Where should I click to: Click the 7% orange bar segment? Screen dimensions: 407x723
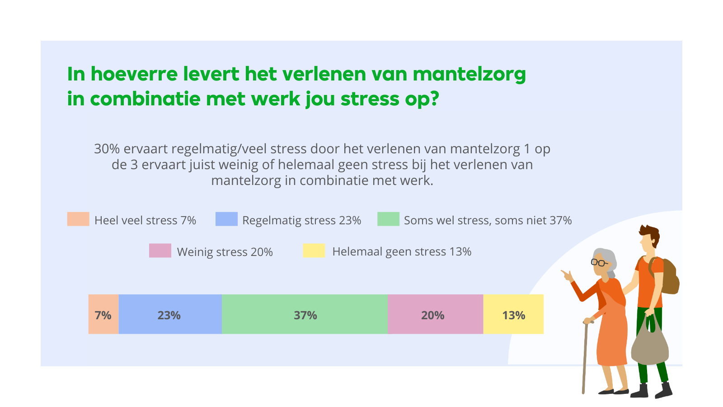[103, 314]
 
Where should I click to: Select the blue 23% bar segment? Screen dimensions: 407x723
[170, 314]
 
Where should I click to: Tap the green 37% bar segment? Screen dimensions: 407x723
[305, 314]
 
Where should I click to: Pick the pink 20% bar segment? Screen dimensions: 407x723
[435, 314]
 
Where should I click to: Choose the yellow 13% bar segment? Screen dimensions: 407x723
[513, 314]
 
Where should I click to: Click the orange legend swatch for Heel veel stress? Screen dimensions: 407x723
[78, 219]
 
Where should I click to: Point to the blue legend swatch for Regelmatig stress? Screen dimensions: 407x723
[226, 219]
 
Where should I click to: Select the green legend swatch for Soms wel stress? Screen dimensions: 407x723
[388, 219]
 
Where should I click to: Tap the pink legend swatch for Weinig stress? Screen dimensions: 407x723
[160, 251]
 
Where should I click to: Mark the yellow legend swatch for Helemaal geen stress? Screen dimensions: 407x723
[314, 251]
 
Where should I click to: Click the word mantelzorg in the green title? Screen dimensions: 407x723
[469, 74]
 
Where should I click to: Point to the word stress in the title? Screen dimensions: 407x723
[370, 99]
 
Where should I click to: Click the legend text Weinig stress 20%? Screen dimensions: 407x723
[225, 252]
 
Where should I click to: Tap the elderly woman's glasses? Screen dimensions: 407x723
[599, 262]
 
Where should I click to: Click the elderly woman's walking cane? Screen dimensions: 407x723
[585, 357]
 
